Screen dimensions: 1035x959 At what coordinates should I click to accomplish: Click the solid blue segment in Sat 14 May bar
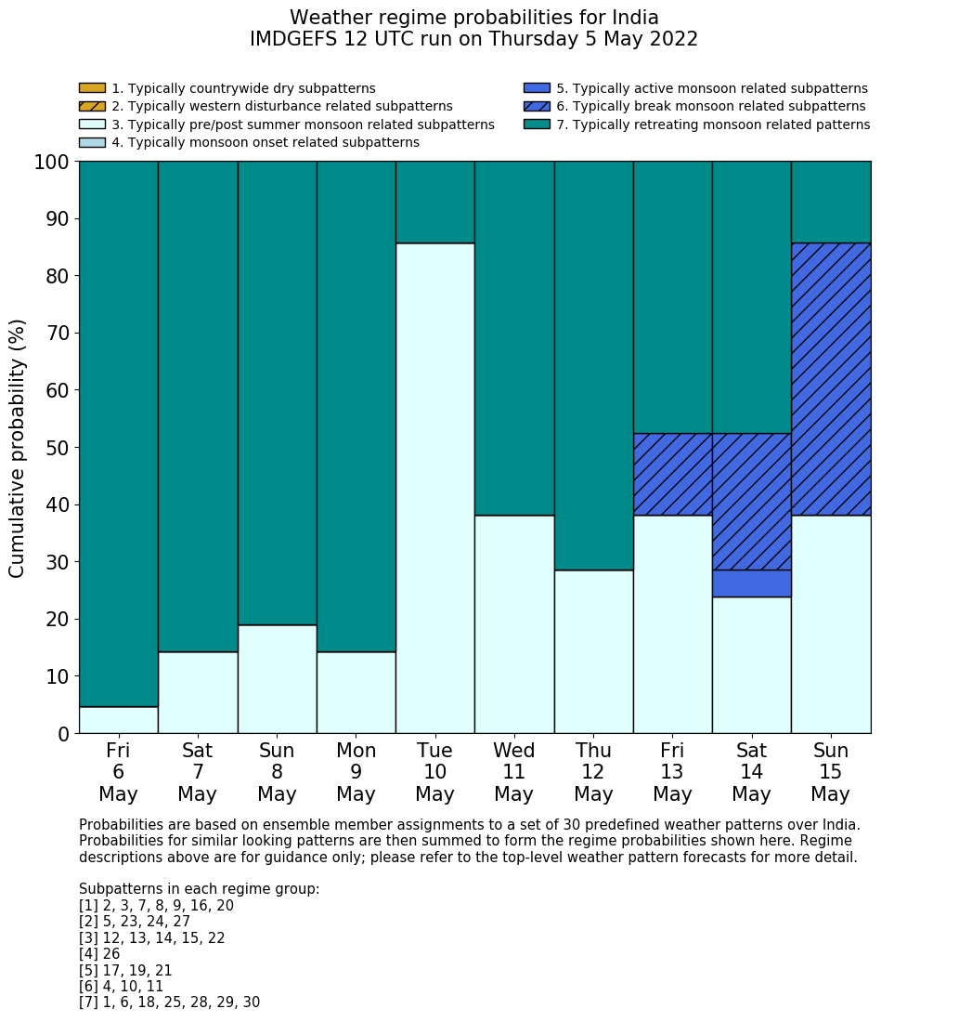coord(751,583)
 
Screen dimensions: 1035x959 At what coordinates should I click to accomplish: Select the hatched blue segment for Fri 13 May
coord(672,474)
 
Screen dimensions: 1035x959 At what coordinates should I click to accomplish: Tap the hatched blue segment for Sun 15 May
coord(830,379)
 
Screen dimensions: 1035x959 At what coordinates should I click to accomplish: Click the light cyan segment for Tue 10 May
coord(434,488)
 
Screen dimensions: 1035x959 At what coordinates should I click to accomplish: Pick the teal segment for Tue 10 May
coord(434,202)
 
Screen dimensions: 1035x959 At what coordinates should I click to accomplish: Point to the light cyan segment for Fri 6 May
coord(118,720)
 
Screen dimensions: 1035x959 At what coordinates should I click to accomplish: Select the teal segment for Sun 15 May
coord(830,202)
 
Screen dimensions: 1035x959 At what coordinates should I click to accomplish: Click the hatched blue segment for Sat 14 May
coord(751,502)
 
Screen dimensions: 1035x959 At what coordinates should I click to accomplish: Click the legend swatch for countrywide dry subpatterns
coord(92,88)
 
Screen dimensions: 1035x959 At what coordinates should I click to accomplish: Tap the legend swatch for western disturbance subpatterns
coord(92,107)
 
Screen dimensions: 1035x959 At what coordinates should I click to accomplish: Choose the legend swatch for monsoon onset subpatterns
coord(92,142)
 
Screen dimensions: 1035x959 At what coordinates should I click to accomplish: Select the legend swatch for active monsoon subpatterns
coord(537,88)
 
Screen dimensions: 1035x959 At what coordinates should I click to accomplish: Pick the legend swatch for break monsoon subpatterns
coord(537,107)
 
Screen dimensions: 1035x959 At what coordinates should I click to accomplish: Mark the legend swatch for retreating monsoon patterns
coord(537,124)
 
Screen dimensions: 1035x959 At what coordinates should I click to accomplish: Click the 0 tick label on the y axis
coord(63,734)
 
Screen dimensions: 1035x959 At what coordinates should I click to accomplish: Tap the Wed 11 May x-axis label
coord(513,772)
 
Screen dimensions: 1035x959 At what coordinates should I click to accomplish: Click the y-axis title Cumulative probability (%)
coord(18,448)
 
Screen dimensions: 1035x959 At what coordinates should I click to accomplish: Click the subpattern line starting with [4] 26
coord(99,954)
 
